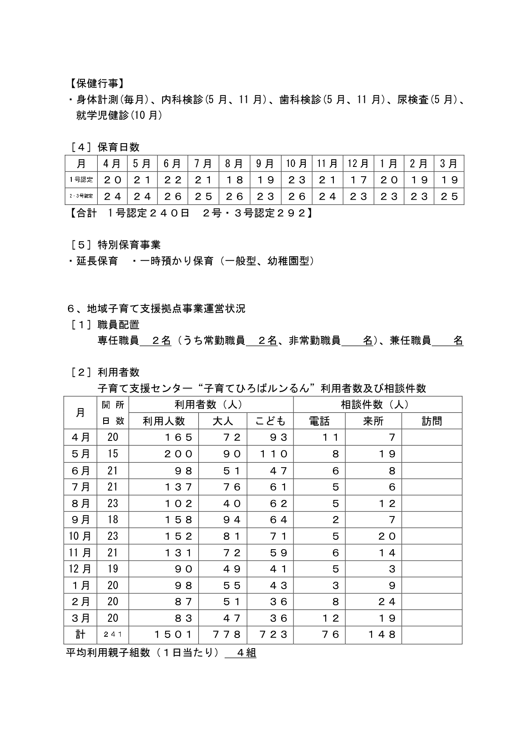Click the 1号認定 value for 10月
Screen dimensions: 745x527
click(297, 180)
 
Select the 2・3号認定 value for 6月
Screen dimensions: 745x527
click(173, 197)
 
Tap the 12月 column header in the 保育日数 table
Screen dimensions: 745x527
click(358, 164)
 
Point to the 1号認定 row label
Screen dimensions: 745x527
click(81, 180)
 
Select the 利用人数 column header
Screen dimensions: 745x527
click(163, 421)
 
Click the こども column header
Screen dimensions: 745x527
click(270, 421)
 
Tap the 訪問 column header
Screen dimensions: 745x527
click(431, 421)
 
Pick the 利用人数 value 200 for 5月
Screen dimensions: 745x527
click(179, 454)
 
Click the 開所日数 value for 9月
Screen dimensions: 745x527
click(113, 519)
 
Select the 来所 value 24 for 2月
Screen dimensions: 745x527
click(386, 602)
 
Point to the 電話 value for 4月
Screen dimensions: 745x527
click(330, 437)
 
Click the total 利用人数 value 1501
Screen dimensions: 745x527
click(174, 635)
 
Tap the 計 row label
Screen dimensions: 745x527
click(81, 635)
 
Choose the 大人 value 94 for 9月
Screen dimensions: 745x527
click(232, 519)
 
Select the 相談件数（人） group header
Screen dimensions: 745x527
click(377, 405)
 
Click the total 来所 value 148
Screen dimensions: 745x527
click(382, 635)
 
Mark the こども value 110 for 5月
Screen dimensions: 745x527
click(274, 454)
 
